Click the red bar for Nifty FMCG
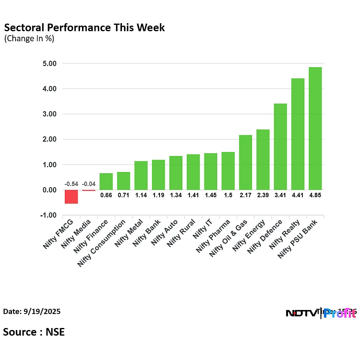coord(71,196)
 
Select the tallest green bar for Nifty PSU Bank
coord(315,128)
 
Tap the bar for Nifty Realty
coord(298,134)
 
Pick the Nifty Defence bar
coord(280,147)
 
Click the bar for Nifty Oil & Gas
coord(245,162)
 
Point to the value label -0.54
coord(71,184)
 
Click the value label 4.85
coord(315,195)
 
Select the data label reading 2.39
coord(263,195)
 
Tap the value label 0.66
coord(106,195)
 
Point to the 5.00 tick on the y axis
coord(50,64)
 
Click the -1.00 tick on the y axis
coord(49,216)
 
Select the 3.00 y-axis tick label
coord(50,114)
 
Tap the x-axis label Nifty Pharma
coord(213,236)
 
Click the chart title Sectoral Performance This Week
coord(84,28)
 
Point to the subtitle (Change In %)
coord(29,39)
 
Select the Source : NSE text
coord(34,332)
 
